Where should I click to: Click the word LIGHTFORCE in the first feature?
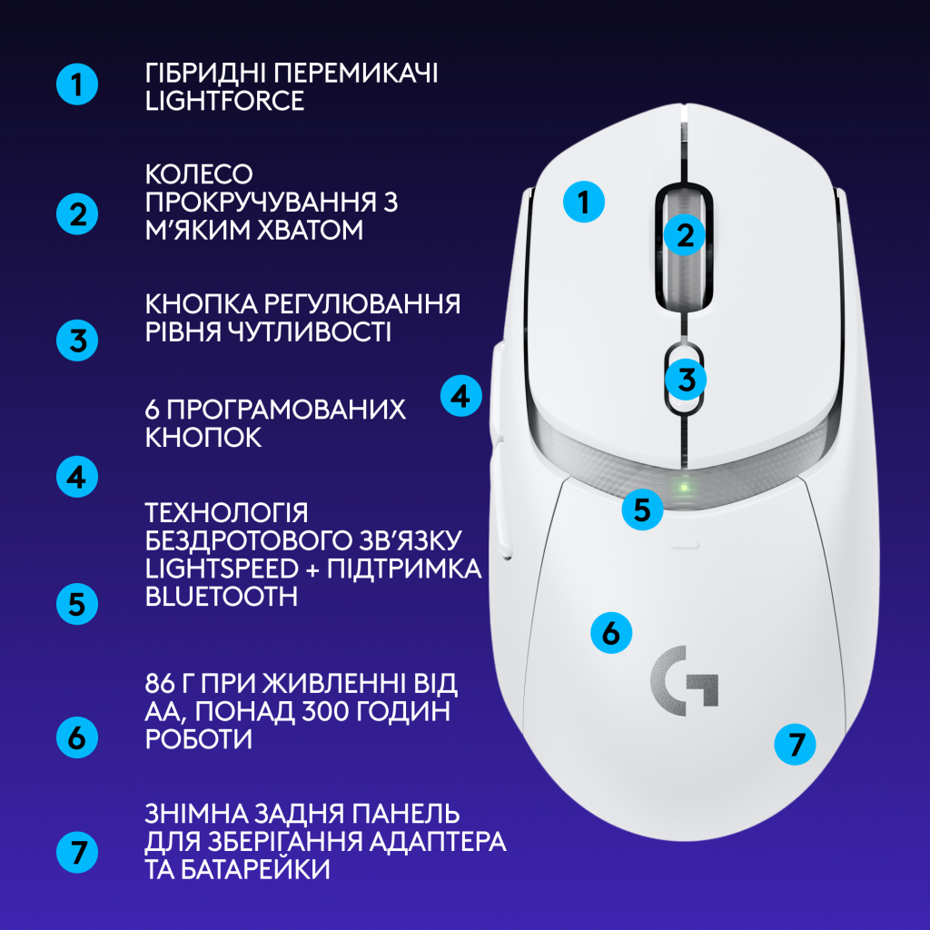tap(224, 101)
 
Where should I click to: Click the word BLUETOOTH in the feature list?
tap(221, 596)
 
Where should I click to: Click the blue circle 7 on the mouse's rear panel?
tap(796, 746)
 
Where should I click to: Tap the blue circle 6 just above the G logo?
tap(611, 632)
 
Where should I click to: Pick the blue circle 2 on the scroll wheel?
tap(684, 235)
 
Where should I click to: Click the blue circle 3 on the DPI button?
tap(687, 378)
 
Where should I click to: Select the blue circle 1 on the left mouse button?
tap(583, 202)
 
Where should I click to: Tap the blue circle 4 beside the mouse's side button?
tap(461, 396)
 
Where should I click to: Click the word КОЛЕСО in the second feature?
tap(199, 173)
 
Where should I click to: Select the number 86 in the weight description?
tap(158, 683)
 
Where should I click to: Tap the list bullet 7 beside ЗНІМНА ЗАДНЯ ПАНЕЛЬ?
tap(77, 852)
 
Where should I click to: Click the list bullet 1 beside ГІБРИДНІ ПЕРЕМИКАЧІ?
tap(77, 85)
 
